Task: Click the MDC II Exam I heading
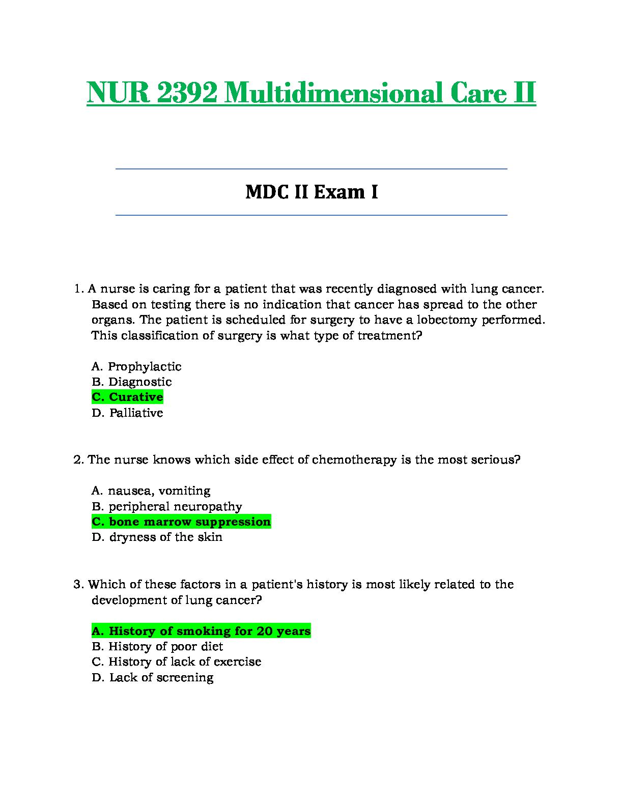[x=311, y=192]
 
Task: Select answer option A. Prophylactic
[x=136, y=366]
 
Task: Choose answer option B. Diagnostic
[x=132, y=382]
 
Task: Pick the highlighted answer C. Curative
[x=127, y=397]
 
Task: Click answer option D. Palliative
[x=127, y=413]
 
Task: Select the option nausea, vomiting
[x=151, y=491]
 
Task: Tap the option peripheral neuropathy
[x=167, y=506]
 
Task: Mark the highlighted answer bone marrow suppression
[x=181, y=522]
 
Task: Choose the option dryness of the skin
[x=157, y=537]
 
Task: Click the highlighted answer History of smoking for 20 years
[x=201, y=631]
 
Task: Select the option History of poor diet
[x=157, y=646]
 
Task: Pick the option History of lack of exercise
[x=176, y=661]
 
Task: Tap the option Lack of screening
[x=152, y=677]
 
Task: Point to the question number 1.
[x=78, y=289]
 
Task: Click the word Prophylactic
[x=145, y=366]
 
